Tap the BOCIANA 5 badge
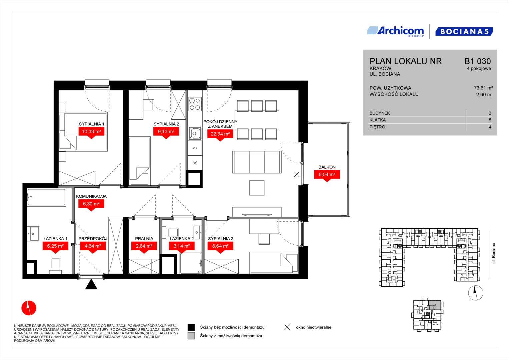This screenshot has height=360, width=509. [464, 31]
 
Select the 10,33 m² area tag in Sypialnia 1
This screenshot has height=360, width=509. [91, 133]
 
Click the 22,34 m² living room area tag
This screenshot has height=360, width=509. [220, 135]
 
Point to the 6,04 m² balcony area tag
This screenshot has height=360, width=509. [327, 176]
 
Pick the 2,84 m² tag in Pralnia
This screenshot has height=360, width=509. [144, 247]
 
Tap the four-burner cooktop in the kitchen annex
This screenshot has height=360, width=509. [195, 104]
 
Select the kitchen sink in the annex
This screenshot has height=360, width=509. [195, 133]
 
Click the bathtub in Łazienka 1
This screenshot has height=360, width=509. [47, 197]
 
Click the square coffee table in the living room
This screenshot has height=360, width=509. [257, 188]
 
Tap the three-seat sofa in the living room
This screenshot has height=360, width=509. [257, 162]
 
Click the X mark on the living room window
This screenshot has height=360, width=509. [297, 174]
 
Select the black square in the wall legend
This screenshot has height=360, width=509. [191, 327]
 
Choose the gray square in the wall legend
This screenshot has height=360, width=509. [191, 336]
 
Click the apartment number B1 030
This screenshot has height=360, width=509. [477, 61]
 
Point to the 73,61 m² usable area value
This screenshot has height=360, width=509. [483, 88]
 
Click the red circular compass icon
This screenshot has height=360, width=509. [29, 308]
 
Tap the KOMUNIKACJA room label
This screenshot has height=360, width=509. [91, 196]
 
